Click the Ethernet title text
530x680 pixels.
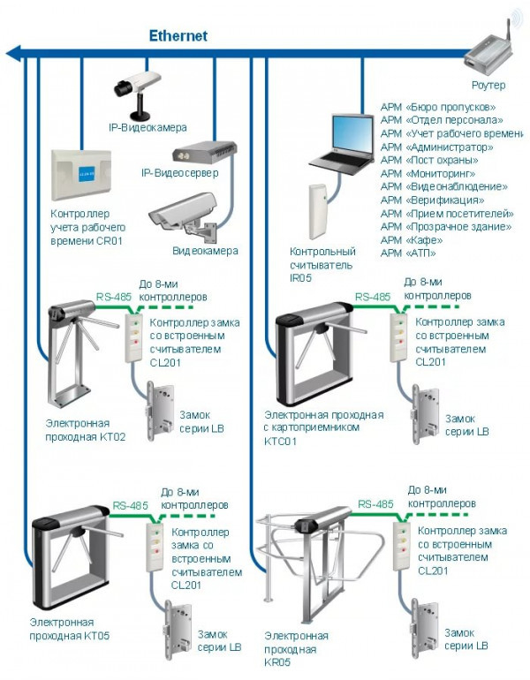click(178, 36)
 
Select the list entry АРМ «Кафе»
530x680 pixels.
click(407, 240)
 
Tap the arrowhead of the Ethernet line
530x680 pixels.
click(12, 54)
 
